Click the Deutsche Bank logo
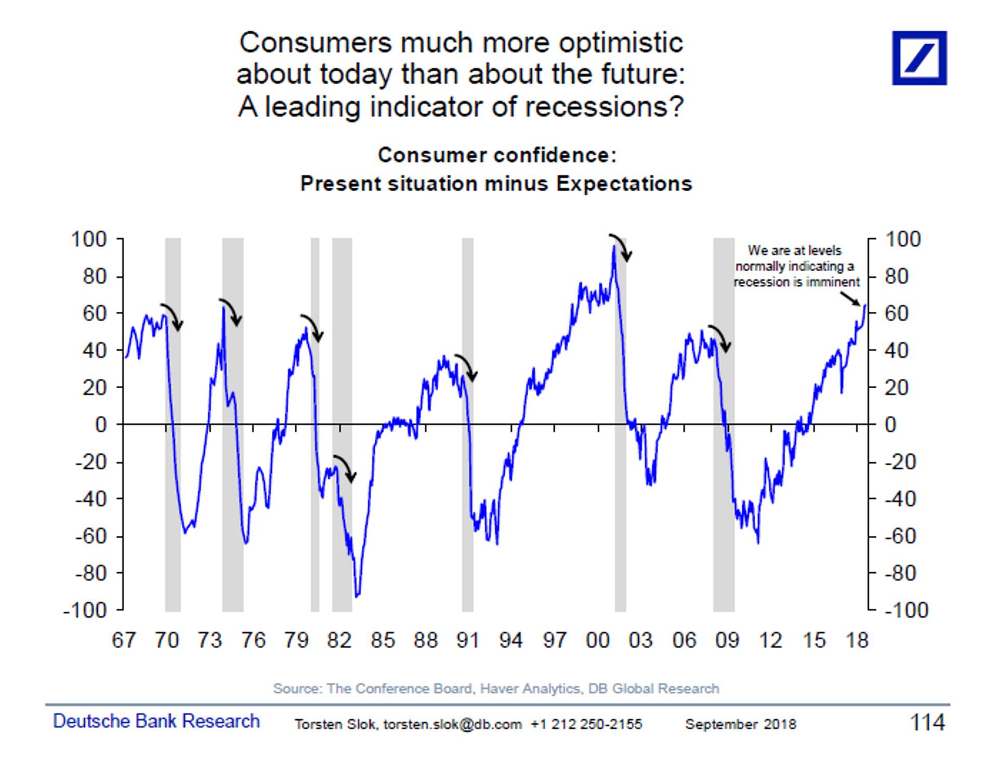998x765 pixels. point(919,58)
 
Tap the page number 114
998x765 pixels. point(927,722)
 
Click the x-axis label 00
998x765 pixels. point(597,640)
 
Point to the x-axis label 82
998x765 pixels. point(339,640)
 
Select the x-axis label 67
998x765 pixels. point(124,640)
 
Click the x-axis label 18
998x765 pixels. point(857,640)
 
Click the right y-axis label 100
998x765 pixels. point(902,240)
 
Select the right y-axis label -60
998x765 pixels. point(900,536)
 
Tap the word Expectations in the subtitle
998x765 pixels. point(624,184)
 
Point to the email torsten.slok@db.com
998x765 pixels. point(452,724)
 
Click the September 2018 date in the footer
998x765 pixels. point(740,724)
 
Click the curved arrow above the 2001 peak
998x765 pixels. point(621,247)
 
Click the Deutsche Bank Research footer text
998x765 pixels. point(156,721)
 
